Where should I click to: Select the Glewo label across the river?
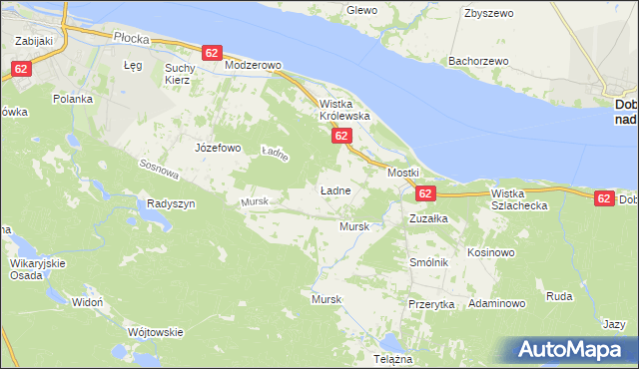360,10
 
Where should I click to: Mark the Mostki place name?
403,173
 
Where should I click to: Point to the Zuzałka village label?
429,216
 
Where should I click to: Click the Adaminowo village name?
496,302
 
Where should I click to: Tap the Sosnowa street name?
160,171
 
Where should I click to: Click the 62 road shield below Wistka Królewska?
340,135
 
